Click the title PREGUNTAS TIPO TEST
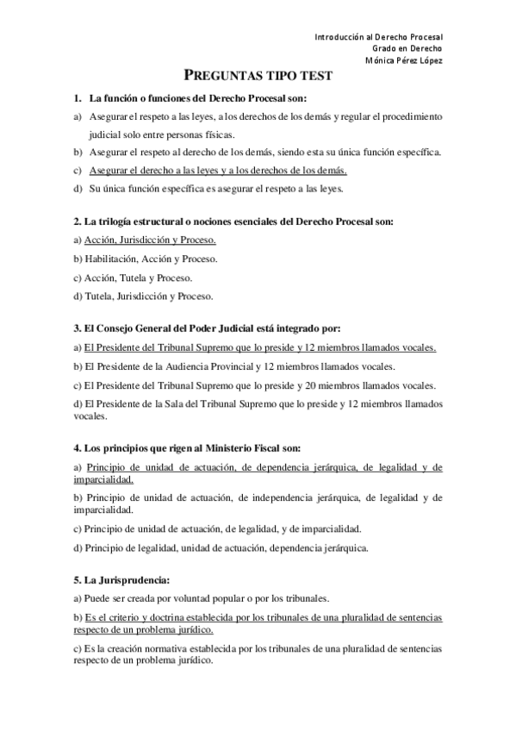click(x=258, y=75)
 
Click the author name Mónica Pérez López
click(x=403, y=60)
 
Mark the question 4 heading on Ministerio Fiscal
click(x=188, y=447)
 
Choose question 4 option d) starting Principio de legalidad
click(x=222, y=547)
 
